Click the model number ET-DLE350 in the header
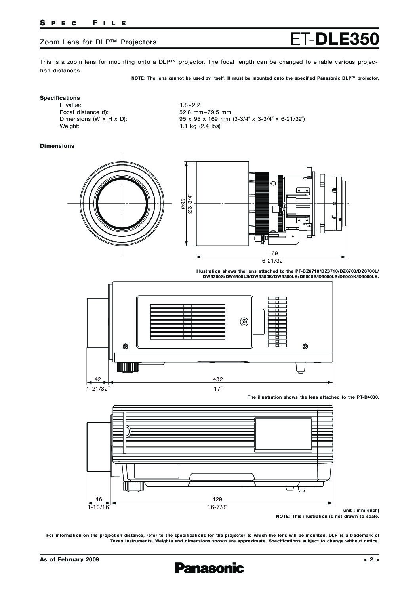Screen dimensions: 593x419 [x=335, y=40]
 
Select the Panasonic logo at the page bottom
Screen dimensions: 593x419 [x=209, y=568]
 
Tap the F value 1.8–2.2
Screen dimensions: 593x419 [x=190, y=105]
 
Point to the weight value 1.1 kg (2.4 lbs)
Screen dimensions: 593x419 [x=200, y=126]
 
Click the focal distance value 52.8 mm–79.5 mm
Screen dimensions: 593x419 [x=205, y=112]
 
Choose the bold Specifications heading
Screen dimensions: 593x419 [x=60, y=98]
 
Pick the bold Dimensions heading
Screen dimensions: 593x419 [x=57, y=146]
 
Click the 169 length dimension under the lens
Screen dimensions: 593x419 [x=273, y=253]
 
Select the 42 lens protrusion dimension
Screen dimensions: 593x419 [x=98, y=379]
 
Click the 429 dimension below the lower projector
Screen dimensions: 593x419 [x=217, y=499]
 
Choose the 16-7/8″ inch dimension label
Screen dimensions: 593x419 [x=217, y=507]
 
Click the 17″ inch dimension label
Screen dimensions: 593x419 [x=218, y=389]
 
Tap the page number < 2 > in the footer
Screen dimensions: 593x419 [x=371, y=559]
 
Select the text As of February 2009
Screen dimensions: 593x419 [x=69, y=559]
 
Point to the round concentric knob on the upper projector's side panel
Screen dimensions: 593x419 [x=244, y=322]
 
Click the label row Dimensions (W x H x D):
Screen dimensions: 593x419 [x=93, y=119]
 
